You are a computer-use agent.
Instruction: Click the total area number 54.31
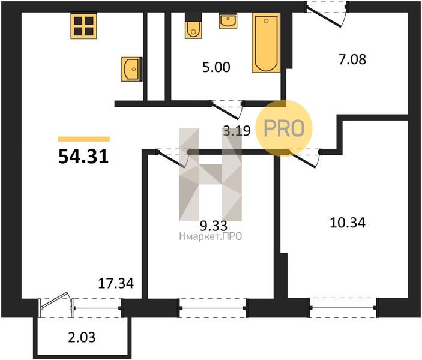tap(83, 157)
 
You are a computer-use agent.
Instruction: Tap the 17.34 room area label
tap(116, 284)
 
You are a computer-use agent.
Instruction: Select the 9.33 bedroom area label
tap(214, 226)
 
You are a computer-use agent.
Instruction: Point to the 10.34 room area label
tap(348, 223)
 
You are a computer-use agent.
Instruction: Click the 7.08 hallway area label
tap(352, 59)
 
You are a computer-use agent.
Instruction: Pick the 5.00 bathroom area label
tap(216, 67)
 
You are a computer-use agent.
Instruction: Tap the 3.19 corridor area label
tap(237, 131)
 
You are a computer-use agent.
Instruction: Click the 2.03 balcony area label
tap(82, 337)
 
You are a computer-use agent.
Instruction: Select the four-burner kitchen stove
tap(83, 26)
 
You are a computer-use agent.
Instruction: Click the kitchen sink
tap(131, 69)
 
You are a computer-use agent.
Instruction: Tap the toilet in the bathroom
tap(193, 26)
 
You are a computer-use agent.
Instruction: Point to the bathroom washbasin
tap(228, 21)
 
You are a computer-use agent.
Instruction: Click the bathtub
tap(266, 43)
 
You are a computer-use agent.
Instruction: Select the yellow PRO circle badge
tap(284, 128)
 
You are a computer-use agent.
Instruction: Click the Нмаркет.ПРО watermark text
tap(211, 236)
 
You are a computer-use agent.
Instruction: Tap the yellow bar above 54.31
tap(83, 139)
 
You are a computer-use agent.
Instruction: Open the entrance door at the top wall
tap(327, 13)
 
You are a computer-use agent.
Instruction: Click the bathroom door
tap(227, 110)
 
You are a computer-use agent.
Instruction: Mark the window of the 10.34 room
tap(343, 308)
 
